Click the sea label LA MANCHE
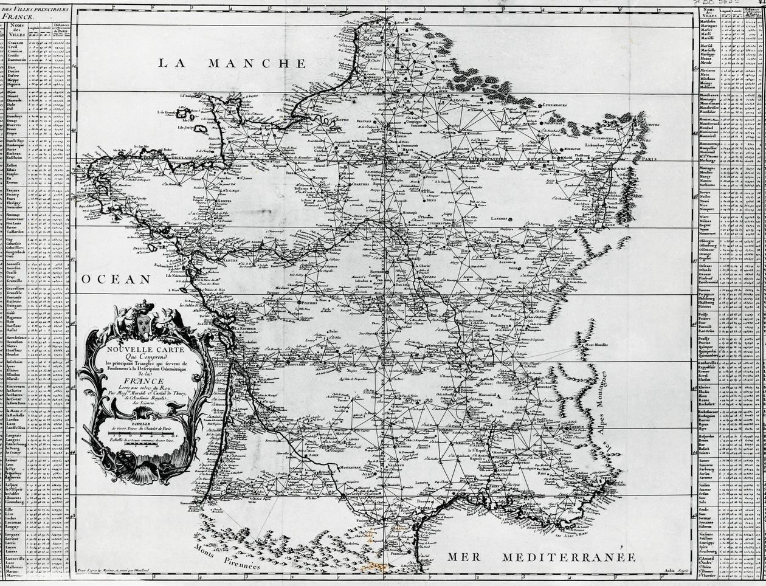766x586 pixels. tap(231, 63)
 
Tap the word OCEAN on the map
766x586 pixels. tap(116, 279)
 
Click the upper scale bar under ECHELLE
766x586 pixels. tap(145, 432)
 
